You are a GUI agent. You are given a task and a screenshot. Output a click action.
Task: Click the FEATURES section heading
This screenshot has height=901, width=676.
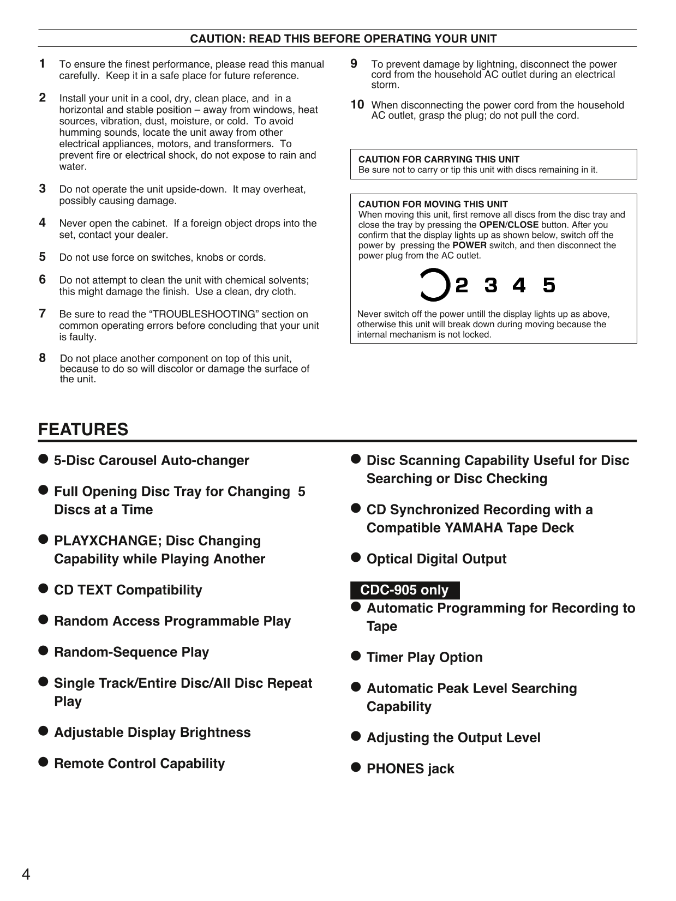click(83, 429)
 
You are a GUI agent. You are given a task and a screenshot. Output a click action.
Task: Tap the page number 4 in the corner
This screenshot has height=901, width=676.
click(26, 875)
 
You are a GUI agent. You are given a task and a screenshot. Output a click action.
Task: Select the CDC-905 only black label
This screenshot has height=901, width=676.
click(404, 590)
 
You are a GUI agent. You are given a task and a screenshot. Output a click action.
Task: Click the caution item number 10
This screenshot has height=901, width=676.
click(357, 104)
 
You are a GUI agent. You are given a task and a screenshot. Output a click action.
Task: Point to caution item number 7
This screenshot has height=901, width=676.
click(42, 314)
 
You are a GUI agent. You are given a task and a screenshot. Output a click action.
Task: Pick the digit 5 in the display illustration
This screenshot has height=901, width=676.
click(549, 285)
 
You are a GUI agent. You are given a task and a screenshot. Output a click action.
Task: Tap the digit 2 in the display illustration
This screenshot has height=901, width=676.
click(462, 285)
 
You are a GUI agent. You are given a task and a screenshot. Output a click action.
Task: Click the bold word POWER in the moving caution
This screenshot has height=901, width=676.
click(469, 245)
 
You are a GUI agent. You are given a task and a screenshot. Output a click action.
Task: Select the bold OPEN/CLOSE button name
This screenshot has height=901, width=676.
click(509, 225)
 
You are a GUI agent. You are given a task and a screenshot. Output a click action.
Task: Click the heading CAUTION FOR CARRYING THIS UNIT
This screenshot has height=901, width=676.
click(439, 159)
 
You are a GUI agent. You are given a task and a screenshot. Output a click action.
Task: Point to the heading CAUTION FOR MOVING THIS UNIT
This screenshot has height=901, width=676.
click(433, 204)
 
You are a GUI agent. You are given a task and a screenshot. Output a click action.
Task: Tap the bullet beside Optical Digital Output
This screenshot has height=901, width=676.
click(356, 557)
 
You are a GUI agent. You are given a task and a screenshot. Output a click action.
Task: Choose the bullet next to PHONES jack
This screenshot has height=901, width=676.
click(356, 767)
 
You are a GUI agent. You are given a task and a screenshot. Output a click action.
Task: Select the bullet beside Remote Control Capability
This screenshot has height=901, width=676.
click(44, 762)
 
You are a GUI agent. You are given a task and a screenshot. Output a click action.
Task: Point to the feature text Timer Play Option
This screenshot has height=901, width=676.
click(424, 657)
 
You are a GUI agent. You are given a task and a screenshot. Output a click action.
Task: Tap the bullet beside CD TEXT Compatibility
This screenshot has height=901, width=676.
click(44, 588)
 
